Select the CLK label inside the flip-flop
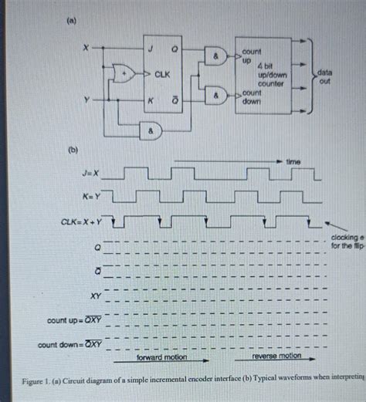(162, 75)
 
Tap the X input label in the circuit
(86, 48)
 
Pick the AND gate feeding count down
(215, 98)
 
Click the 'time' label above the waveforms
(292, 162)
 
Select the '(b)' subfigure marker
(74, 147)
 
